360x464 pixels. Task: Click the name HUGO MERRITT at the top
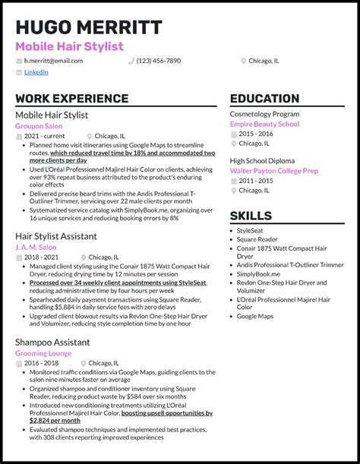coord(88,27)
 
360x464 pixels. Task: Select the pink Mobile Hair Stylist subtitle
coord(68,46)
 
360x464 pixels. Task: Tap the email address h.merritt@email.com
coord(53,61)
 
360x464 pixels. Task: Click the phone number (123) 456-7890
coord(159,61)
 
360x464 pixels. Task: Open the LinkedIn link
coord(36,73)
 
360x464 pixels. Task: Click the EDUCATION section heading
coord(264,99)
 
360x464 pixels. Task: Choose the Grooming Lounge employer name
coord(43,353)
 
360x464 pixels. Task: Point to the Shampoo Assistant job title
coord(52,342)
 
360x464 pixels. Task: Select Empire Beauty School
coord(264,125)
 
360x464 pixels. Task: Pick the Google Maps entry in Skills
coord(256,315)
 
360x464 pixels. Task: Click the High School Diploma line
coord(262,161)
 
